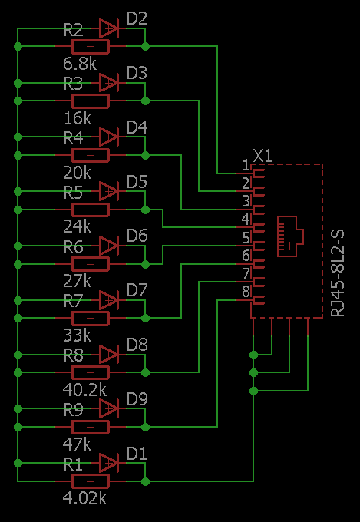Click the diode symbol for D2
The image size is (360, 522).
(x=109, y=28)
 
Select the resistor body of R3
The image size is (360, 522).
(x=91, y=101)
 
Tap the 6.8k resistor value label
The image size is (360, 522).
(x=80, y=64)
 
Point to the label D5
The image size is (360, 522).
(x=137, y=183)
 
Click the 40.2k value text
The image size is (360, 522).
(x=84, y=391)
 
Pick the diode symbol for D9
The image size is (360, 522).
(x=109, y=408)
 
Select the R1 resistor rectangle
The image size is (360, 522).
(x=91, y=481)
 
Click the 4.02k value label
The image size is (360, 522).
(x=84, y=499)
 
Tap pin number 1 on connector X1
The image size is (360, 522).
(x=246, y=165)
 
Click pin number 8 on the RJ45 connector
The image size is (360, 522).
(x=246, y=292)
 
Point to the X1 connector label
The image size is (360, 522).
(x=263, y=156)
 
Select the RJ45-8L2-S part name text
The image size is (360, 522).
(x=338, y=273)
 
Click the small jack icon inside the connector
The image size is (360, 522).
(x=290, y=236)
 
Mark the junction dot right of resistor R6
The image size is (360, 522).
(x=145, y=264)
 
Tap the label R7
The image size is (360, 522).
(x=73, y=301)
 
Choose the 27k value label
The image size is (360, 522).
(x=77, y=282)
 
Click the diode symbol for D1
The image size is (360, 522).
(x=109, y=463)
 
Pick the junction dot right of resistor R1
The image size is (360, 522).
(x=145, y=481)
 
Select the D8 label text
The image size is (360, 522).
(x=137, y=345)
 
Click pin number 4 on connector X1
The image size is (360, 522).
(x=246, y=220)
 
